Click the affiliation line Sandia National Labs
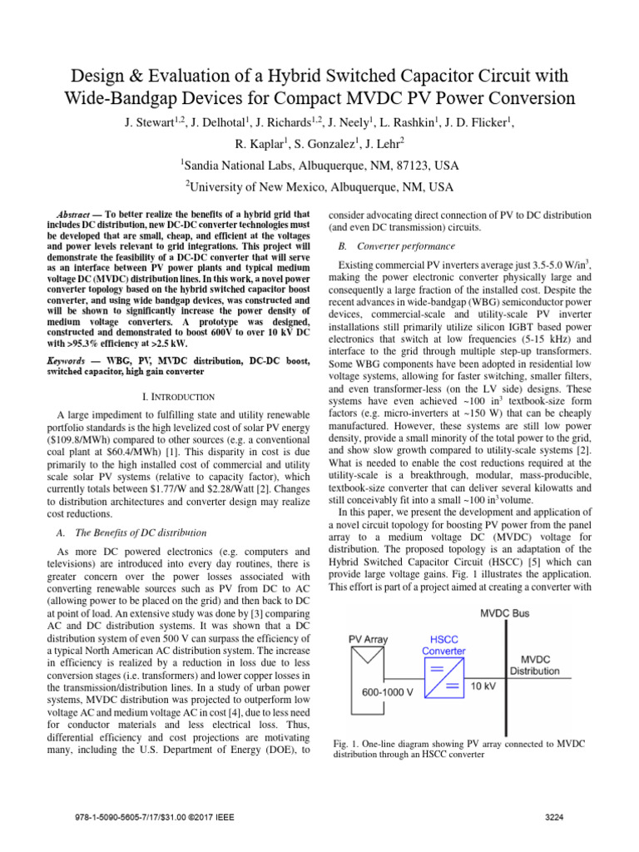tap(319, 164)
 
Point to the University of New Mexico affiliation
tap(319, 186)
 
